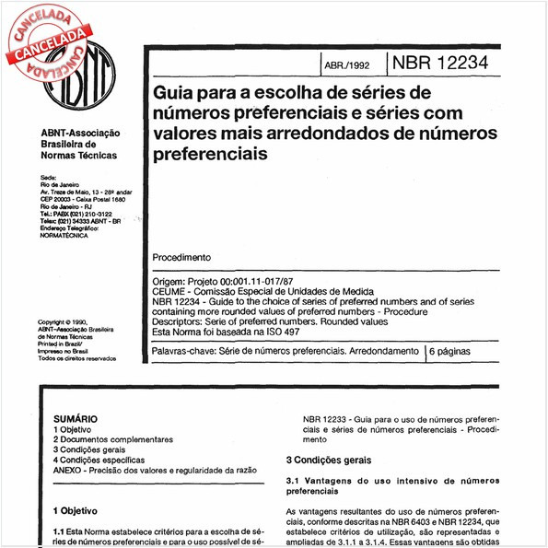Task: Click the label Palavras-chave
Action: [185, 352]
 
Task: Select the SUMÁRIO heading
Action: [76, 417]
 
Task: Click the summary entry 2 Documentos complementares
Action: [112, 439]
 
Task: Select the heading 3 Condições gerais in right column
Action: [330, 459]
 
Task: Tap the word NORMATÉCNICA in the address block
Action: [65, 235]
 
